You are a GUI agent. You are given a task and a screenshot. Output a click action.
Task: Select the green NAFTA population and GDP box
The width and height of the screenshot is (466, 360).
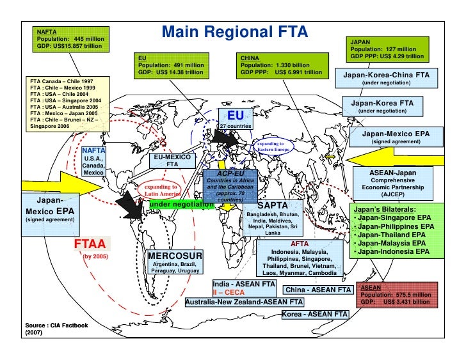[x=71, y=40]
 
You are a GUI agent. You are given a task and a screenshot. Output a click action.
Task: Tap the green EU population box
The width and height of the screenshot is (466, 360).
[x=172, y=65]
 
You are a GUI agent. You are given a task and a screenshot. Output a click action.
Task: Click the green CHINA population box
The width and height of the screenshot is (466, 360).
[x=281, y=65]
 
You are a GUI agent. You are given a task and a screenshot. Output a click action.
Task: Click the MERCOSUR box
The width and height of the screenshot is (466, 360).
[x=175, y=262]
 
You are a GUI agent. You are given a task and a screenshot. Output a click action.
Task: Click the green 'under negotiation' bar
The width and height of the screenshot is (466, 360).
[x=181, y=204]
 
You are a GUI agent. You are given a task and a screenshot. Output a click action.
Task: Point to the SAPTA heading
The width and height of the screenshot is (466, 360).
[x=277, y=205]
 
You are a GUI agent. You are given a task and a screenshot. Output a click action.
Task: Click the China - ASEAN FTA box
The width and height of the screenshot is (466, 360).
[x=317, y=290]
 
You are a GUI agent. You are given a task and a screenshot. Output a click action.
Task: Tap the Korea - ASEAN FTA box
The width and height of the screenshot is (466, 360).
[x=314, y=314]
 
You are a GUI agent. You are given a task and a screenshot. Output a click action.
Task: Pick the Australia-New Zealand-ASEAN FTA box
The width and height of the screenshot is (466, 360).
[x=245, y=302]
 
